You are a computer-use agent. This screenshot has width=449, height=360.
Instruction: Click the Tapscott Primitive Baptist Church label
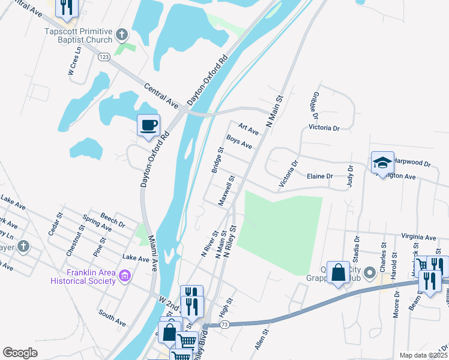click(x=78, y=35)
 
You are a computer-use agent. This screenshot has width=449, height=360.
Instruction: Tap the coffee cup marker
click(x=148, y=125)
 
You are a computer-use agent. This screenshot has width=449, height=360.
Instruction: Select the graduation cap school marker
click(x=382, y=162)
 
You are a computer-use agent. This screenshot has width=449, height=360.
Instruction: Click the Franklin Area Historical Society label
click(x=91, y=277)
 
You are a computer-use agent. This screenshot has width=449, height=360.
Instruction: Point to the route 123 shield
click(x=104, y=56)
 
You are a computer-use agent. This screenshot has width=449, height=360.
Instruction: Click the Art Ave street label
click(x=248, y=128)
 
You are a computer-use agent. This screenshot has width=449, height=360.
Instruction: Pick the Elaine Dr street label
click(x=319, y=176)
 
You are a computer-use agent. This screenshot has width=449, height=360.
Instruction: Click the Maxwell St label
click(x=226, y=191)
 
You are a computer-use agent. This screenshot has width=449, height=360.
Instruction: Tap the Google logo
click(x=20, y=353)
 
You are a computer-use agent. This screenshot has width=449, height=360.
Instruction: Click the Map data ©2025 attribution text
click(x=423, y=355)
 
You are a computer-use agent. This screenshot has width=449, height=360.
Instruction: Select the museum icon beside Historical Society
click(x=125, y=276)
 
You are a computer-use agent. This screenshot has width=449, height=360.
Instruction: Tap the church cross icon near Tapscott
click(x=122, y=35)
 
